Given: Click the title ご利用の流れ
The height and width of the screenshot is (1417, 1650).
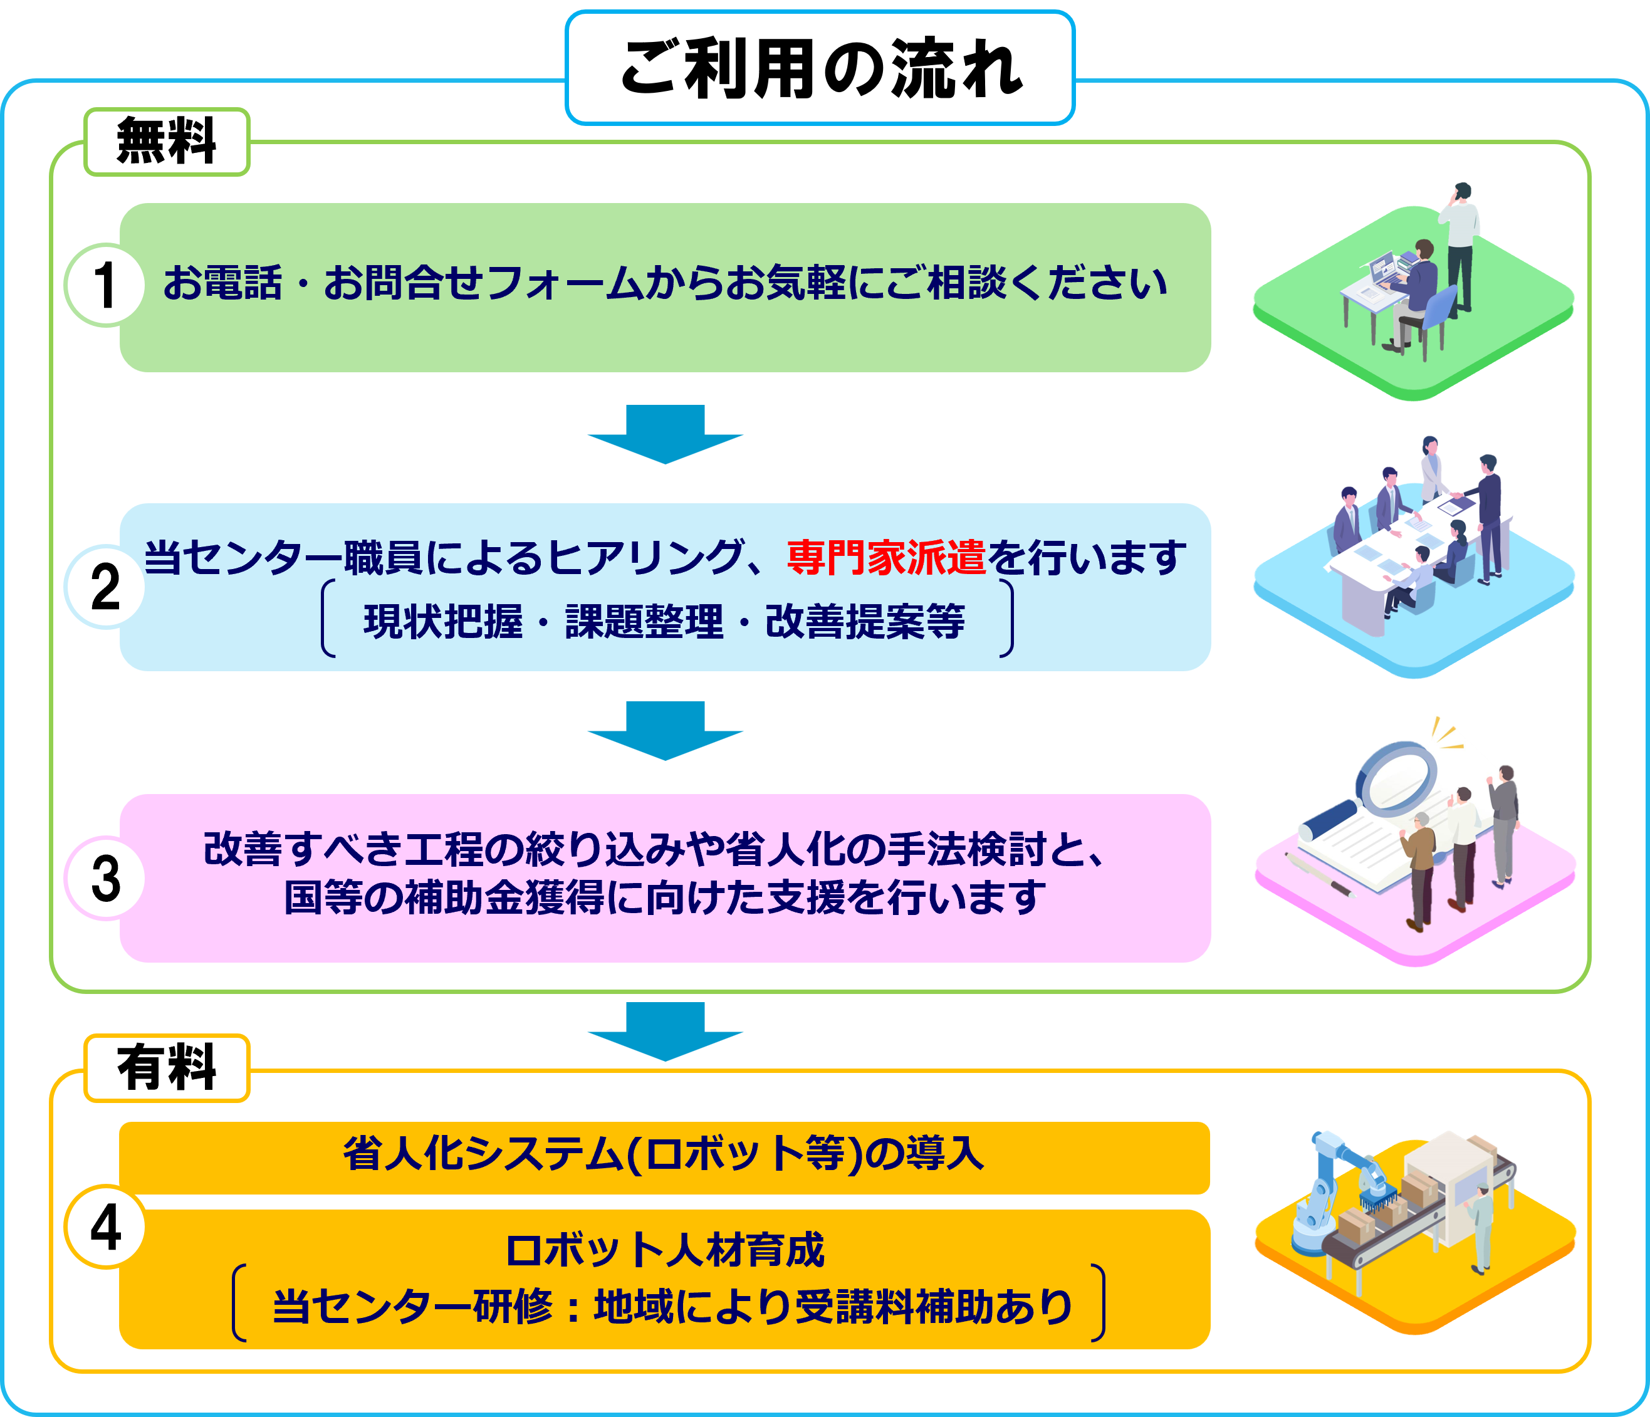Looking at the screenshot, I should [x=820, y=70].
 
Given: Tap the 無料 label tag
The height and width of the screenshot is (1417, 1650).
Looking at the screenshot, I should [x=167, y=142].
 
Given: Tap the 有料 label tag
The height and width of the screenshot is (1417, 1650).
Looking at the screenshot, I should [x=167, y=1068].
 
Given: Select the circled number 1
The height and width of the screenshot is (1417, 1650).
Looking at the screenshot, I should [x=104, y=285].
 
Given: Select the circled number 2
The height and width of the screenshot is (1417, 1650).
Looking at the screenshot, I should [x=104, y=587].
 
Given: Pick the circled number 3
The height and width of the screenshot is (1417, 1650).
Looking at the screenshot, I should [x=104, y=878].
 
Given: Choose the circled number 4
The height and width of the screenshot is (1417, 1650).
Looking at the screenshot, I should [x=104, y=1226].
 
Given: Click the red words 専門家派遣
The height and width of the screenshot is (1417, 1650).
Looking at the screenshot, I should [x=885, y=557].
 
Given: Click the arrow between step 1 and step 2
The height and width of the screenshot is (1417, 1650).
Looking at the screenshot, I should [x=665, y=434].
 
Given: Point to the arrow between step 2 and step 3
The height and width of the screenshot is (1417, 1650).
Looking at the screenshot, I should [x=665, y=730].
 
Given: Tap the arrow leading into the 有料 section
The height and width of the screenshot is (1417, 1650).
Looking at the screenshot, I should [x=665, y=1032].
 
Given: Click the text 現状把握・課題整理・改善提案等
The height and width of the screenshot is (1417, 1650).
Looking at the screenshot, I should [x=665, y=621].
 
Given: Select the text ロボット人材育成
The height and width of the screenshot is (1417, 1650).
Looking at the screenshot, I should [x=665, y=1250].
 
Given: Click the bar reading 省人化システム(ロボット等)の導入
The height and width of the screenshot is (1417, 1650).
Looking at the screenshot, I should [x=665, y=1154].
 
